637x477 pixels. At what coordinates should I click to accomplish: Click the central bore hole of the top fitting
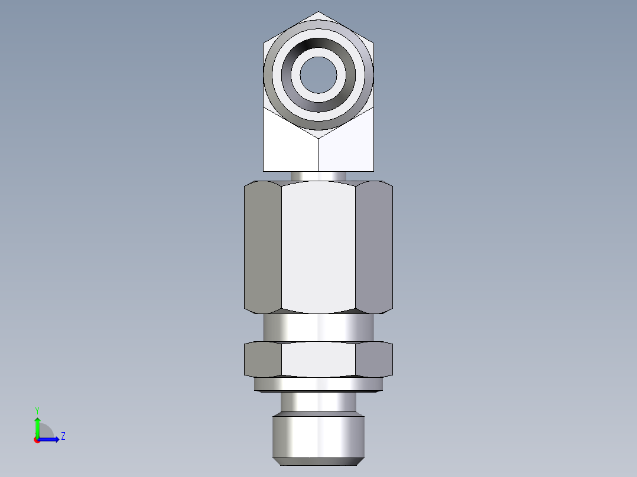pos(318,74)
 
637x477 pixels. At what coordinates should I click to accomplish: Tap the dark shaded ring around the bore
pos(318,48)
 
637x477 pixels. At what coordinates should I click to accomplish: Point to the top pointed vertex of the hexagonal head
pos(318,12)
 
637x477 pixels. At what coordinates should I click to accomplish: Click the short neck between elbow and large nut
pos(318,176)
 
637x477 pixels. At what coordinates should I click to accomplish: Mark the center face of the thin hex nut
pos(318,359)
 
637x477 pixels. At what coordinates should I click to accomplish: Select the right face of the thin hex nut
pos(374,359)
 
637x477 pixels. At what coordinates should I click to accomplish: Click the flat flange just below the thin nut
pos(318,384)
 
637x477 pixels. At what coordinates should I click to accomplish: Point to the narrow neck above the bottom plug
pos(318,403)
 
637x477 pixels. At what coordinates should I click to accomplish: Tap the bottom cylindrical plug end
pos(318,437)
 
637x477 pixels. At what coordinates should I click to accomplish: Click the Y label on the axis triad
pos(37,410)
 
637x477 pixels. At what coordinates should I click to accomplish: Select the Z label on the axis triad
pos(63,436)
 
